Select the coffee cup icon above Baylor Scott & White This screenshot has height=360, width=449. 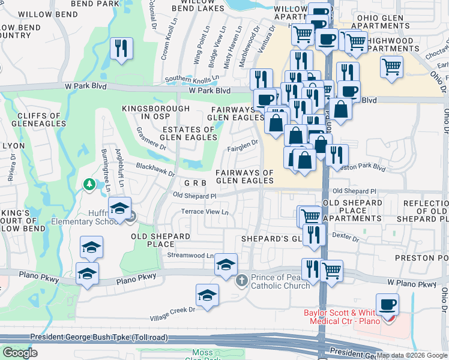point(387,304)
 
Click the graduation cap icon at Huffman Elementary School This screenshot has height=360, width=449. point(120,208)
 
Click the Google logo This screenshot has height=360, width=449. point(20,353)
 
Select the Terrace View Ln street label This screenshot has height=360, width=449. point(205,212)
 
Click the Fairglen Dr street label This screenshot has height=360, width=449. point(243,143)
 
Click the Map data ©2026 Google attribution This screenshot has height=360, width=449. point(411,355)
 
